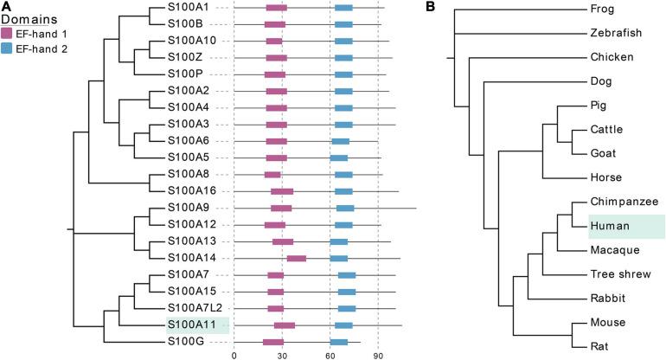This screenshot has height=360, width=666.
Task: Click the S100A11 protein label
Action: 192,325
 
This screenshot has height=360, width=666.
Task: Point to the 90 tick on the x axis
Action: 378,353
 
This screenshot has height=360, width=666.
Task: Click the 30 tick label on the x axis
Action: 282,353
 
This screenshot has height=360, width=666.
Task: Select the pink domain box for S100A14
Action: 296,258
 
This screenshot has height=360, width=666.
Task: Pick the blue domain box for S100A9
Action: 344,208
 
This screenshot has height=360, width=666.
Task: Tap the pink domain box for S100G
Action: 274,342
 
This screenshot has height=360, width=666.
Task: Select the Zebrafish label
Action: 614,34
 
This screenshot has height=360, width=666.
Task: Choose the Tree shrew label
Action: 619,274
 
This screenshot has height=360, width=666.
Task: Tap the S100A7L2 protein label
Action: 195,308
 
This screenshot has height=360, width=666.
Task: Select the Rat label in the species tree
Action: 599,346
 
